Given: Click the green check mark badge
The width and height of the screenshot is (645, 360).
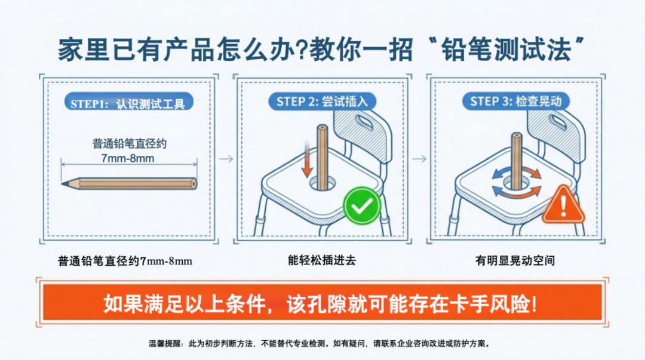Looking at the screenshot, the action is [x=361, y=206].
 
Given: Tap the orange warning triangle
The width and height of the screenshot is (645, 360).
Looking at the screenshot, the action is [x=563, y=205].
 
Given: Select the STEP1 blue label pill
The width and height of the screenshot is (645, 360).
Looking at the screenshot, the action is [x=128, y=103].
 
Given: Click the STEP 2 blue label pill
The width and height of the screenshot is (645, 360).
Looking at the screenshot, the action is [x=322, y=101].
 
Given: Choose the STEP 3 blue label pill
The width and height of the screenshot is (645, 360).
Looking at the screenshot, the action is [x=516, y=101].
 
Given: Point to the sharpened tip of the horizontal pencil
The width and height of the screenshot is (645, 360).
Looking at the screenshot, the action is [x=62, y=184].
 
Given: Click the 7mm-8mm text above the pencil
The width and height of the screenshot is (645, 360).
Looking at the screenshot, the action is [x=128, y=158].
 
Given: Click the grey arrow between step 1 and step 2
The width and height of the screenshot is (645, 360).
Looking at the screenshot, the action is [x=226, y=159].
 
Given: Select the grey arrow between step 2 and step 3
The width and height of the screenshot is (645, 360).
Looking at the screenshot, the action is [x=419, y=159].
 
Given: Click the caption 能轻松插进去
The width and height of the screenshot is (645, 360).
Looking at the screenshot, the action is [x=322, y=260].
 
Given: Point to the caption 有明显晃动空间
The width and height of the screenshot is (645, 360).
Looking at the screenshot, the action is [x=515, y=260].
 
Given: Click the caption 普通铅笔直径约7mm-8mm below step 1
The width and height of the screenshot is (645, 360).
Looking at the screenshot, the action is [x=125, y=261].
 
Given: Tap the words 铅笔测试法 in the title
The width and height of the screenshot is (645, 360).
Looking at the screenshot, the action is [x=506, y=50].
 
